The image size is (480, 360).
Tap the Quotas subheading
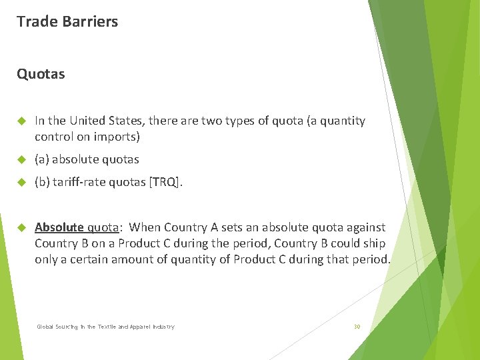pos(41,74)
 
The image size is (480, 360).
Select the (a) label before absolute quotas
pos(42,159)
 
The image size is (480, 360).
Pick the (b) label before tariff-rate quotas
pos(42,182)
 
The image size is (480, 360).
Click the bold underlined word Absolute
pos(59,227)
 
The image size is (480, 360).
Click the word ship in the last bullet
pos(376,243)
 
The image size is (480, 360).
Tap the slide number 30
pos(357,327)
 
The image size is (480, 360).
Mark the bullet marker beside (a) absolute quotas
pos(21,159)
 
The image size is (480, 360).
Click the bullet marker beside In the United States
pos(21,121)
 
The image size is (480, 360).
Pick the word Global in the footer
pos(45,327)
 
